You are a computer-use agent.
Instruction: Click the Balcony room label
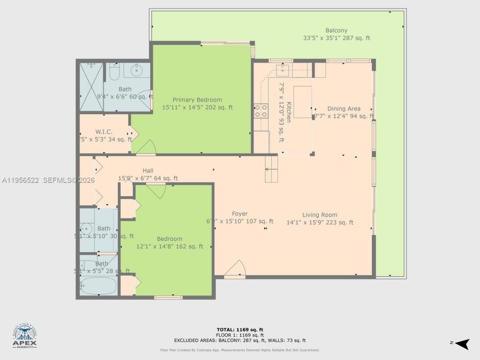(x=336, y=30)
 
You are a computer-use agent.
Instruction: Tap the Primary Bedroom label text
(x=197, y=100)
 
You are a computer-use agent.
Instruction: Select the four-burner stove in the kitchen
(x=261, y=111)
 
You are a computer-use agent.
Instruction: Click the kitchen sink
(x=282, y=68)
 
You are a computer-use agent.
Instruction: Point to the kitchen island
(x=303, y=102)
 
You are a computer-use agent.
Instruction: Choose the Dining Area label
(x=343, y=109)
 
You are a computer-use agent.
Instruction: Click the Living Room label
(x=319, y=215)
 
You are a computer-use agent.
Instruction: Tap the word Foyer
(x=240, y=214)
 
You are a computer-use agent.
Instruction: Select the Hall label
(x=148, y=171)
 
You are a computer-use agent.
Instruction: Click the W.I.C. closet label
(x=103, y=132)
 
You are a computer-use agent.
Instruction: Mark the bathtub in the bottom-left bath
(x=98, y=286)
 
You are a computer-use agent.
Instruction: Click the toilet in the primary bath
(x=114, y=72)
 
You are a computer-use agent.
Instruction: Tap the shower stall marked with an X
(x=91, y=86)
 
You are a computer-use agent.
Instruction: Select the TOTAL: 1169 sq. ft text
(x=240, y=330)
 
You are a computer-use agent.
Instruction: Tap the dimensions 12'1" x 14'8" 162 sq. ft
(x=169, y=246)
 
